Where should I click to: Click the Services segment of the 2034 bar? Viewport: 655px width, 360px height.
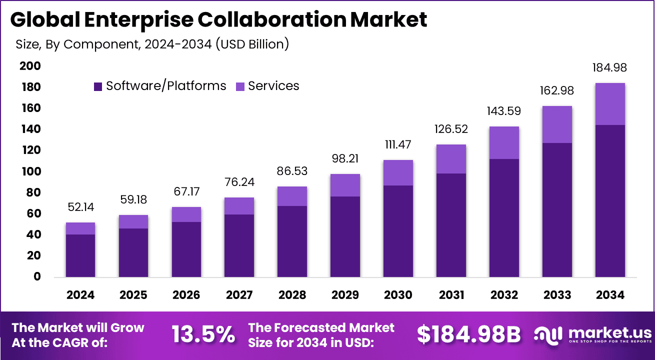(x=610, y=104)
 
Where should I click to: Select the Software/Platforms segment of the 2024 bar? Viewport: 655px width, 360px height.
(x=80, y=255)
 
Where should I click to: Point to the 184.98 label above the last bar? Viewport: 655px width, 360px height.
(x=610, y=68)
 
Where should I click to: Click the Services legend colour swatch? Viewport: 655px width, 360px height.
(x=240, y=86)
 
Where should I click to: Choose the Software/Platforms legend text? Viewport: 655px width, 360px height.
(x=166, y=86)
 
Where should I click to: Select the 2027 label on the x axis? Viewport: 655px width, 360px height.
(x=239, y=295)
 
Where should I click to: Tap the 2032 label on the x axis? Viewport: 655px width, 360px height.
(x=504, y=295)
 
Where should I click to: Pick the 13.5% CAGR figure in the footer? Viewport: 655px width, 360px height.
(x=203, y=334)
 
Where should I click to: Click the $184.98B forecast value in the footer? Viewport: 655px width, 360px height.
(x=469, y=334)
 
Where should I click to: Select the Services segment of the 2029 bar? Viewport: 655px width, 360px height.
(x=345, y=185)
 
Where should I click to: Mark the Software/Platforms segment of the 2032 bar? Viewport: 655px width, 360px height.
(x=504, y=218)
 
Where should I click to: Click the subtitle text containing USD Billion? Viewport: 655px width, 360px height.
(x=152, y=44)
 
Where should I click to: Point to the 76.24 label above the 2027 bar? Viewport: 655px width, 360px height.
(x=239, y=182)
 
